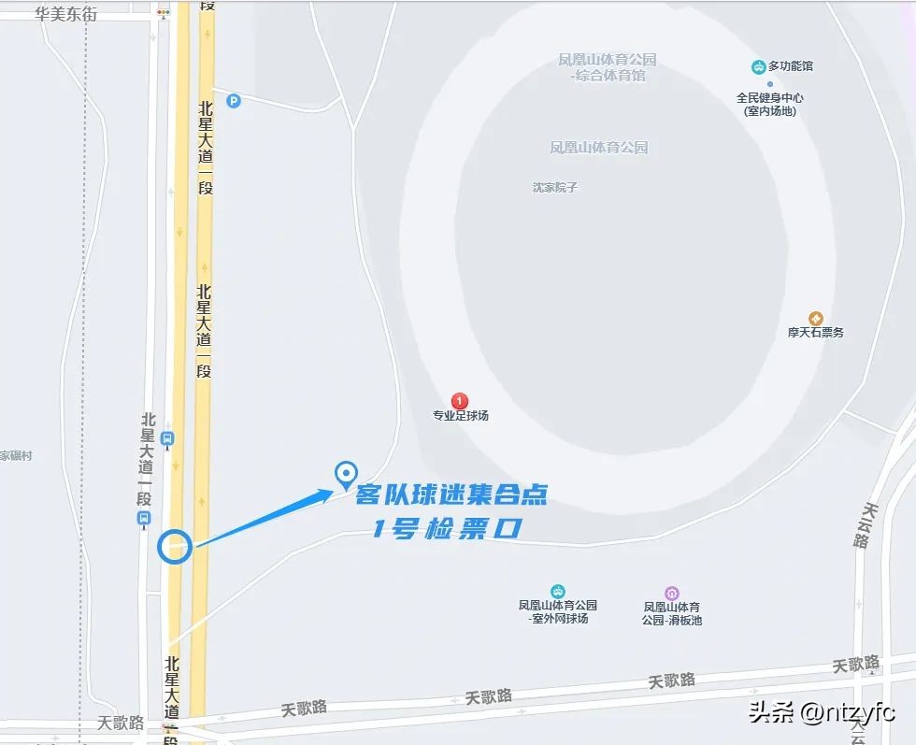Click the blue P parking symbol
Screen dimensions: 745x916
coord(233,101)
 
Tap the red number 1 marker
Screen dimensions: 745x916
coord(460,401)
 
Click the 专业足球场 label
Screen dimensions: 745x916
coord(460,416)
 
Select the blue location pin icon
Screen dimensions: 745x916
coord(347,475)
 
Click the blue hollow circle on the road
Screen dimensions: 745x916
coord(175,547)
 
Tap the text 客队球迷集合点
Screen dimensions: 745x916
coord(451,495)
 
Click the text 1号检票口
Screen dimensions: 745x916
coord(446,529)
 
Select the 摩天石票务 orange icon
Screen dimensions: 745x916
coord(816,319)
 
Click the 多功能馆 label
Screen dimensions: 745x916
coord(790,66)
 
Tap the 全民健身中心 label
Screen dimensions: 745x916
coord(769,97)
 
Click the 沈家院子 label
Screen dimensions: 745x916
coord(555,187)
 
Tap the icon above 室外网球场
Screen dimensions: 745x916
coord(558,591)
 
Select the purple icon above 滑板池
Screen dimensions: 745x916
coord(671,593)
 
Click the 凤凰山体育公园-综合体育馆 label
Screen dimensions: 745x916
coord(608,67)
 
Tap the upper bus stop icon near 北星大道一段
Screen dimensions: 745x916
coord(167,437)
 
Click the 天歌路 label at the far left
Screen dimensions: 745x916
coord(121,723)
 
